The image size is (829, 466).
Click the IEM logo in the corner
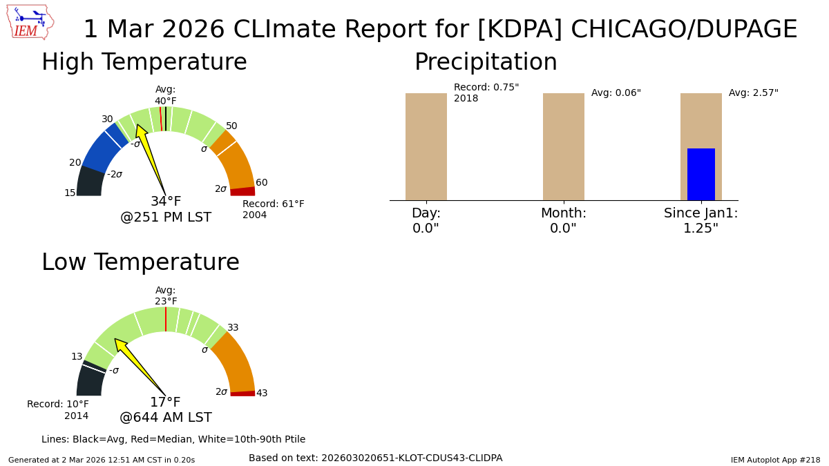[x=30, y=22]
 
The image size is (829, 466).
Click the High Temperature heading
[x=144, y=63]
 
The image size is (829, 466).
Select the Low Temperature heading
[x=140, y=263]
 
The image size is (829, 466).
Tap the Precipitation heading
[x=486, y=63]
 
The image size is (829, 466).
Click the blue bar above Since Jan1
[x=701, y=174]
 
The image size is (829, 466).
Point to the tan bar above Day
[x=426, y=146]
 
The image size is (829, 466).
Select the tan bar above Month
[x=563, y=146]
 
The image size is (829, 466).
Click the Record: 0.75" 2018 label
[x=486, y=93]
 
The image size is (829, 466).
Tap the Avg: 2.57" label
[x=753, y=93]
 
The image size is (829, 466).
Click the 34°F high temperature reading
[x=166, y=202]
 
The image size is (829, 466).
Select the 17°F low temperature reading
[x=166, y=402]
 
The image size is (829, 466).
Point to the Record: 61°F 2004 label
[x=273, y=210]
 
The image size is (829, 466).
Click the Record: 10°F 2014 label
[x=58, y=410]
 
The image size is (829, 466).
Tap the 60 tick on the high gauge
[x=261, y=183]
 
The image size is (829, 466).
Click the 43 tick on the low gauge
[x=261, y=394]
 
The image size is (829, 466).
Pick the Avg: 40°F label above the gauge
[x=165, y=95]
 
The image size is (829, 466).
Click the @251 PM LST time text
[x=166, y=217]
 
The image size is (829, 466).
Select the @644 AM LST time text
[x=166, y=418]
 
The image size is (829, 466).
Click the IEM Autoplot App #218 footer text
[x=775, y=460]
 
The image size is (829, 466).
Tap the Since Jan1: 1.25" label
[x=701, y=221]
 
